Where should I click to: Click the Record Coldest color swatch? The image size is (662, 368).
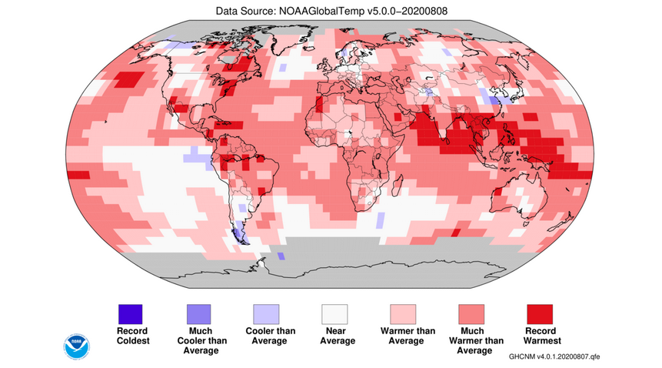[130, 314]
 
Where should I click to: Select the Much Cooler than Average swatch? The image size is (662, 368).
[198, 314]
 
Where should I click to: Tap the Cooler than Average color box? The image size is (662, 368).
[266, 314]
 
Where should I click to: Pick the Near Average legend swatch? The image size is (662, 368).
[334, 314]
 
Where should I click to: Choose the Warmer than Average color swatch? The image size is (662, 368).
[403, 314]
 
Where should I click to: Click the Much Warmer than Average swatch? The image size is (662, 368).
[471, 314]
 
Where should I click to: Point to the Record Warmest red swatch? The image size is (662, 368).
[540, 314]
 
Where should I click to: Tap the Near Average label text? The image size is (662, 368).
[334, 336]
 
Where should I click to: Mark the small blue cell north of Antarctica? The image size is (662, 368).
[281, 256]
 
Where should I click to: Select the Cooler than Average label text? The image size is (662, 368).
[266, 336]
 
